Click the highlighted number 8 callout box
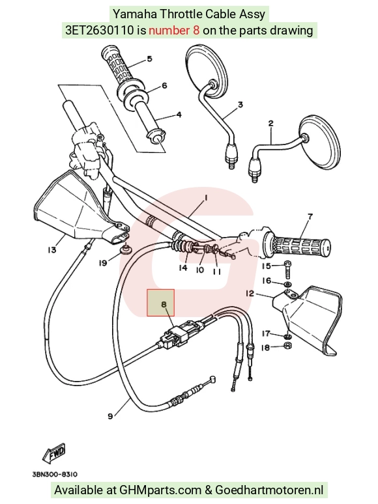pyautogui.click(x=161, y=302)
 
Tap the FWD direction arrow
pyautogui.click(x=54, y=453)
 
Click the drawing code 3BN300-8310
pyautogui.click(x=55, y=474)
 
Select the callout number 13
pyautogui.click(x=51, y=249)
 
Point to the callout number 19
pyautogui.click(x=102, y=263)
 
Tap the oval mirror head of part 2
pyautogui.click(x=319, y=142)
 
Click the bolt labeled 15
pyautogui.click(x=287, y=270)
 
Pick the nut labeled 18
pyautogui.click(x=288, y=346)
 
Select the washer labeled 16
pyautogui.click(x=287, y=284)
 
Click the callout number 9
pyautogui.click(x=110, y=416)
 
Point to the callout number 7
pyautogui.click(x=310, y=216)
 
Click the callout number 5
pyautogui.click(x=149, y=59)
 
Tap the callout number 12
pyautogui.click(x=250, y=293)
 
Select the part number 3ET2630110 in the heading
pyautogui.click(x=100, y=30)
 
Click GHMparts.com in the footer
pyautogui.click(x=160, y=490)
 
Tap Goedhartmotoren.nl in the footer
pyautogui.click(x=269, y=490)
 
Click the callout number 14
pyautogui.click(x=182, y=268)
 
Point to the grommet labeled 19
pyautogui.click(x=126, y=249)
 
